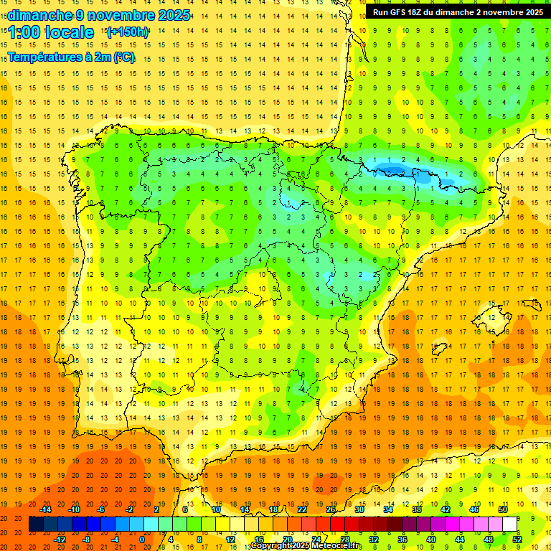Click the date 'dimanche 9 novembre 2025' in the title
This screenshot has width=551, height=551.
[x=100, y=15]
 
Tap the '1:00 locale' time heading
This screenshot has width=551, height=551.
[x=51, y=32]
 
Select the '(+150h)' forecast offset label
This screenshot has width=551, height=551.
[x=128, y=32]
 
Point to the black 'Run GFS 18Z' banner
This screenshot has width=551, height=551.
[x=457, y=12]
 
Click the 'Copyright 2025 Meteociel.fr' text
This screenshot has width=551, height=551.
[x=306, y=546]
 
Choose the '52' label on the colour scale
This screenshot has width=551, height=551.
[x=517, y=540]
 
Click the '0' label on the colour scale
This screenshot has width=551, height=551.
[x=142, y=540]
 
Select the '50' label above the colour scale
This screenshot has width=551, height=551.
[x=503, y=509]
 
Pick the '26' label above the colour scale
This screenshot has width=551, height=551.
[x=331, y=509]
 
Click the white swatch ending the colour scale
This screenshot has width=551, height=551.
[x=510, y=524]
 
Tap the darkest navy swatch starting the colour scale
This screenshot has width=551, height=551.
[x=36, y=524]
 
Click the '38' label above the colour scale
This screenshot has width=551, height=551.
[x=417, y=509]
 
